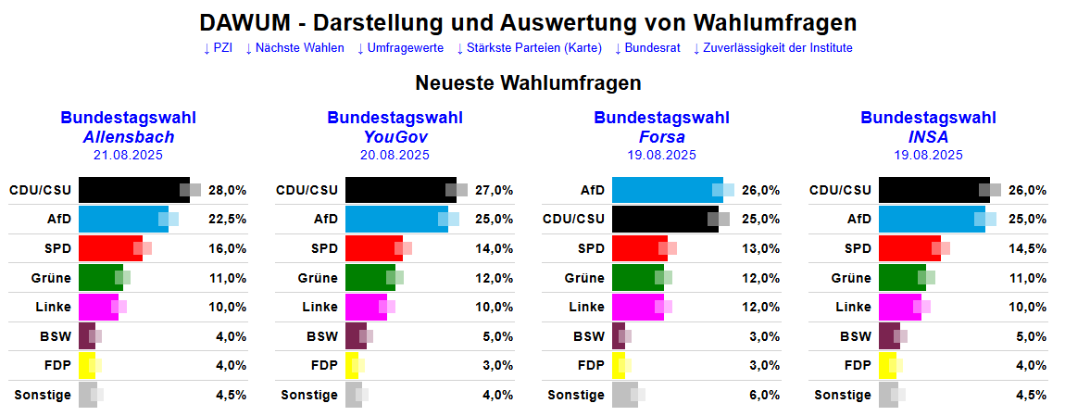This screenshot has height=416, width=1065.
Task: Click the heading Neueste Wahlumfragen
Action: [x=528, y=83]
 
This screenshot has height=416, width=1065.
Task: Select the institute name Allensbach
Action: [x=128, y=137]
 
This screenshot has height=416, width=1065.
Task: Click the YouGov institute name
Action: [x=395, y=137]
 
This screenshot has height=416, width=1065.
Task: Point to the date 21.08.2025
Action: [x=128, y=155]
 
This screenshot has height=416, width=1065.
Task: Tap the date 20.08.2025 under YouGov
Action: [x=395, y=155]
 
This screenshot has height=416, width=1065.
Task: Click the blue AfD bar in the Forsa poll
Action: [x=667, y=190]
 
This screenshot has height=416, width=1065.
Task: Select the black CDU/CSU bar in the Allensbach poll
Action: [x=133, y=190]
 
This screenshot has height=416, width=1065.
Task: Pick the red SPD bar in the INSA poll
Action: [x=908, y=248]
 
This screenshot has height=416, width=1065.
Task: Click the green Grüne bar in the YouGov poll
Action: [x=370, y=278]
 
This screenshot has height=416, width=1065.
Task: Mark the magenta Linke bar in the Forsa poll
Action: [x=637, y=307]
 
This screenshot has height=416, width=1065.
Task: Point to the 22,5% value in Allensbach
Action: [x=228, y=220]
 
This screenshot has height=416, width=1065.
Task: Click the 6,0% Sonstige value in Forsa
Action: [x=761, y=395]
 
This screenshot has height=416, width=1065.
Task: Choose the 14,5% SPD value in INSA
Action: [x=1028, y=248]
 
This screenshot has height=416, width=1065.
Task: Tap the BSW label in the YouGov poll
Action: [x=323, y=336]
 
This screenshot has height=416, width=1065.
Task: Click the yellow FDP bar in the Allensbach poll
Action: [x=87, y=365]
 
